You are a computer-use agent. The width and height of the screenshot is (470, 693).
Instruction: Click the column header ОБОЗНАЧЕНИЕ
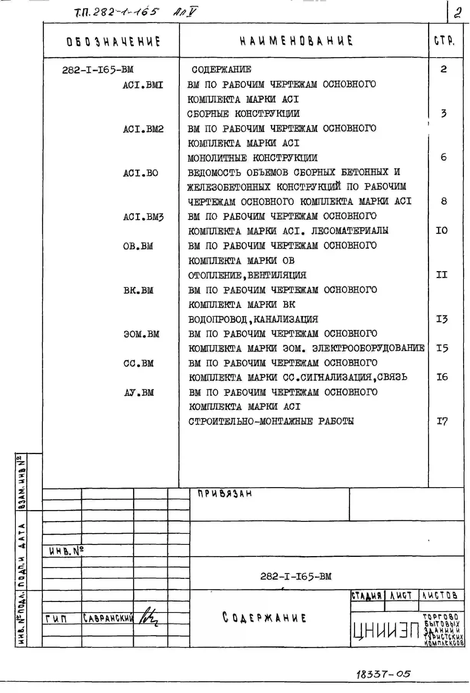click(113, 41)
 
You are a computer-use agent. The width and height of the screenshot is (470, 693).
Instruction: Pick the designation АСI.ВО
click(141, 173)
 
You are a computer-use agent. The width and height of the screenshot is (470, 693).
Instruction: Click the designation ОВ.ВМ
click(138, 246)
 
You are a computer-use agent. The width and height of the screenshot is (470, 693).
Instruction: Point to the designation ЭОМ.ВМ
click(142, 334)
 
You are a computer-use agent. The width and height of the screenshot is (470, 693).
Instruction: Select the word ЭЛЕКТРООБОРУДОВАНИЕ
click(368, 348)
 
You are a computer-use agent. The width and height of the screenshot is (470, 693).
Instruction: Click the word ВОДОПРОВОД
click(218, 319)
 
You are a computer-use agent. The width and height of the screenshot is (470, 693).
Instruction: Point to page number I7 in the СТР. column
click(442, 421)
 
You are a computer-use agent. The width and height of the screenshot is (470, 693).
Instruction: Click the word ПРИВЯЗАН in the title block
click(225, 494)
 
